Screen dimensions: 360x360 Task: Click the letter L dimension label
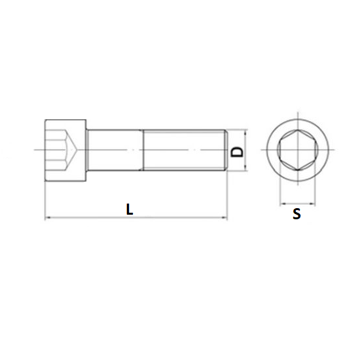[x=130, y=209]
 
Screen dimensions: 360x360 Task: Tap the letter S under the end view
[x=297, y=214]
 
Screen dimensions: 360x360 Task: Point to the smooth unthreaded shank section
[x=115, y=151]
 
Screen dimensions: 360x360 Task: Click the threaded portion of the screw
[x=183, y=151]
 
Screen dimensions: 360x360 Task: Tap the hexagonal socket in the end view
[x=297, y=151]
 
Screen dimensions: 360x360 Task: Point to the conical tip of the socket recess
[x=83, y=151]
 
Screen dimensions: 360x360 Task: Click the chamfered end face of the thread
[x=226, y=151]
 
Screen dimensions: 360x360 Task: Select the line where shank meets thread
[x=143, y=151]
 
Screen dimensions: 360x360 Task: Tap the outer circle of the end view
[x=297, y=120]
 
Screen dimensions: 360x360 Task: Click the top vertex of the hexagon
[x=297, y=133]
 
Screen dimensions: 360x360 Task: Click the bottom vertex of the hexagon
[x=297, y=169]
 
